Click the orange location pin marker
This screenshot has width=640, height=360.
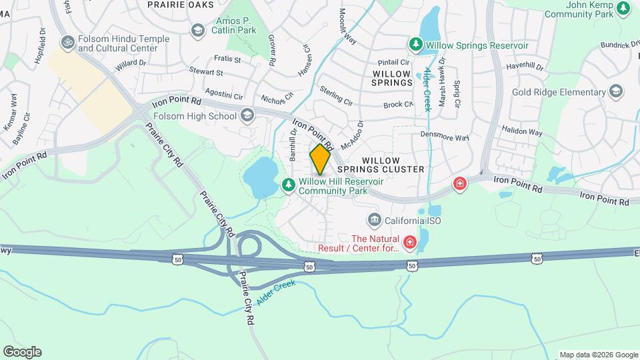(320, 159)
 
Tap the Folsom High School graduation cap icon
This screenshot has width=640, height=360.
(247, 116)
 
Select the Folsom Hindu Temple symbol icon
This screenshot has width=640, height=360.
(67, 43)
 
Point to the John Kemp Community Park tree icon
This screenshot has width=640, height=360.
(623, 8)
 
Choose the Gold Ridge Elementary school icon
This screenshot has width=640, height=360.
(615, 92)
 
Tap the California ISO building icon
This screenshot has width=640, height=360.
(374, 220)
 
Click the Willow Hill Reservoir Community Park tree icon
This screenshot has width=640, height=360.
(289, 185)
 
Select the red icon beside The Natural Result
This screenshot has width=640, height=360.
(409, 243)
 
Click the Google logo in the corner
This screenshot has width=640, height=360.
(22, 352)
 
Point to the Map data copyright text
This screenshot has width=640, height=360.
(598, 355)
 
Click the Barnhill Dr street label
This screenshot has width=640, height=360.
(292, 145)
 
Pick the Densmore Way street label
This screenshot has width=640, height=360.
(445, 136)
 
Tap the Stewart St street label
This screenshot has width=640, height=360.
(205, 71)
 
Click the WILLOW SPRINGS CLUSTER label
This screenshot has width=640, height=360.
(393, 165)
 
